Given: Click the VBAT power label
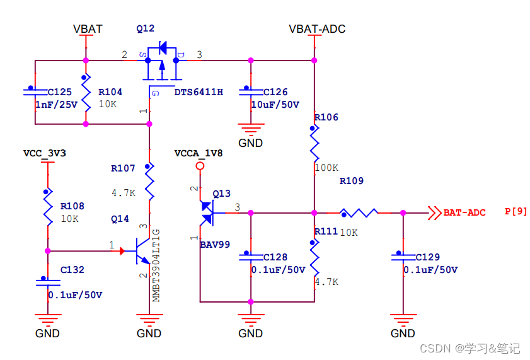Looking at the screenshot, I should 88,29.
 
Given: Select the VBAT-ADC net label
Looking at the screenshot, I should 316,29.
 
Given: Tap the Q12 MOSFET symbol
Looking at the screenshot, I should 161,62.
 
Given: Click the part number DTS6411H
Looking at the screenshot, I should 199,92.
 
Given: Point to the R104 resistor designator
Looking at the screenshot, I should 110,92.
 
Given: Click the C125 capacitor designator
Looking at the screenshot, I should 60,92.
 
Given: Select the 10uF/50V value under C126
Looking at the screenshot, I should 275,105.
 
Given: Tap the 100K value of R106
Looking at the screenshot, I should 326,168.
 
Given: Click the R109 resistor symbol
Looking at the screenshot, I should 359,213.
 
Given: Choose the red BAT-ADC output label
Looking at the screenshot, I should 464,212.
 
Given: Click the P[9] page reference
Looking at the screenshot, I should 516,212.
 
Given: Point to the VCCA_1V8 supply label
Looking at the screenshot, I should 198,153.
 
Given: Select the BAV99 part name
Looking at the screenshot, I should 215,244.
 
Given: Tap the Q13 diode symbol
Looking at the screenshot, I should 207,213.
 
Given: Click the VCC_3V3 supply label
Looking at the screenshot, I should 44,153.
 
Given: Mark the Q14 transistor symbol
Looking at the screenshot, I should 142,251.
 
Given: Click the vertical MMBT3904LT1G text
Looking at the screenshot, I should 156,265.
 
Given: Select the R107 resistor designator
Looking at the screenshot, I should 123,168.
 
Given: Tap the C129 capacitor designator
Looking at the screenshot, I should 428,257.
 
